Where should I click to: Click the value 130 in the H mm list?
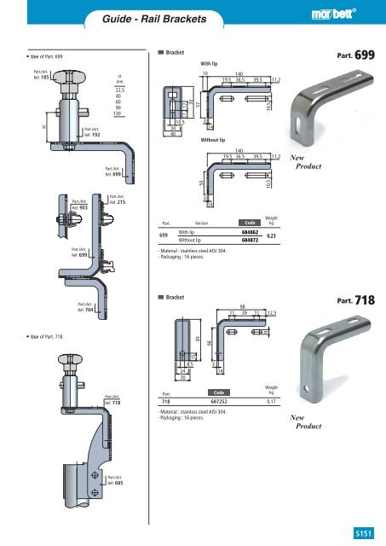click(x=120, y=113)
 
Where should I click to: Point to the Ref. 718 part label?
click(x=112, y=398)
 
